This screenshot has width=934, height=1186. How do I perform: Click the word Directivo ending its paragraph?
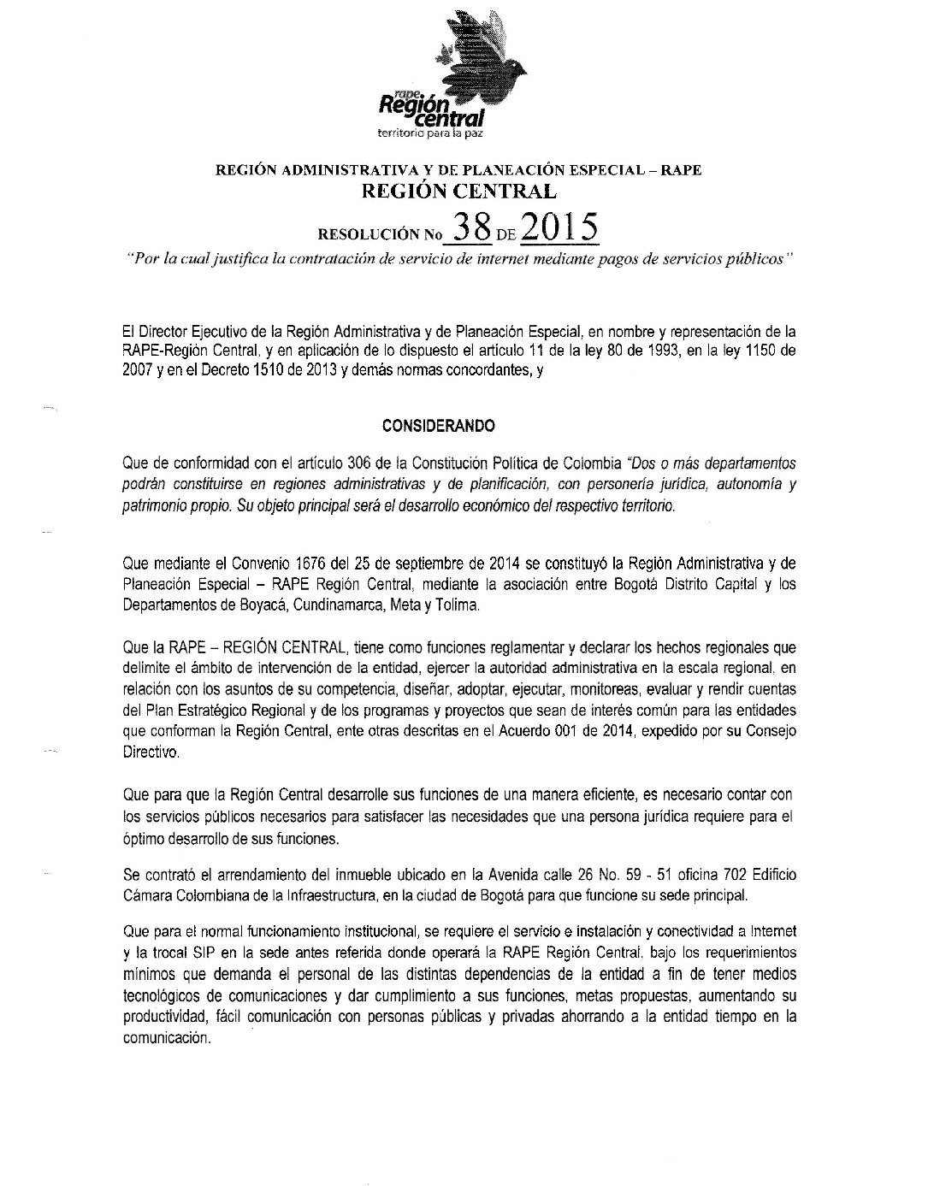151,753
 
